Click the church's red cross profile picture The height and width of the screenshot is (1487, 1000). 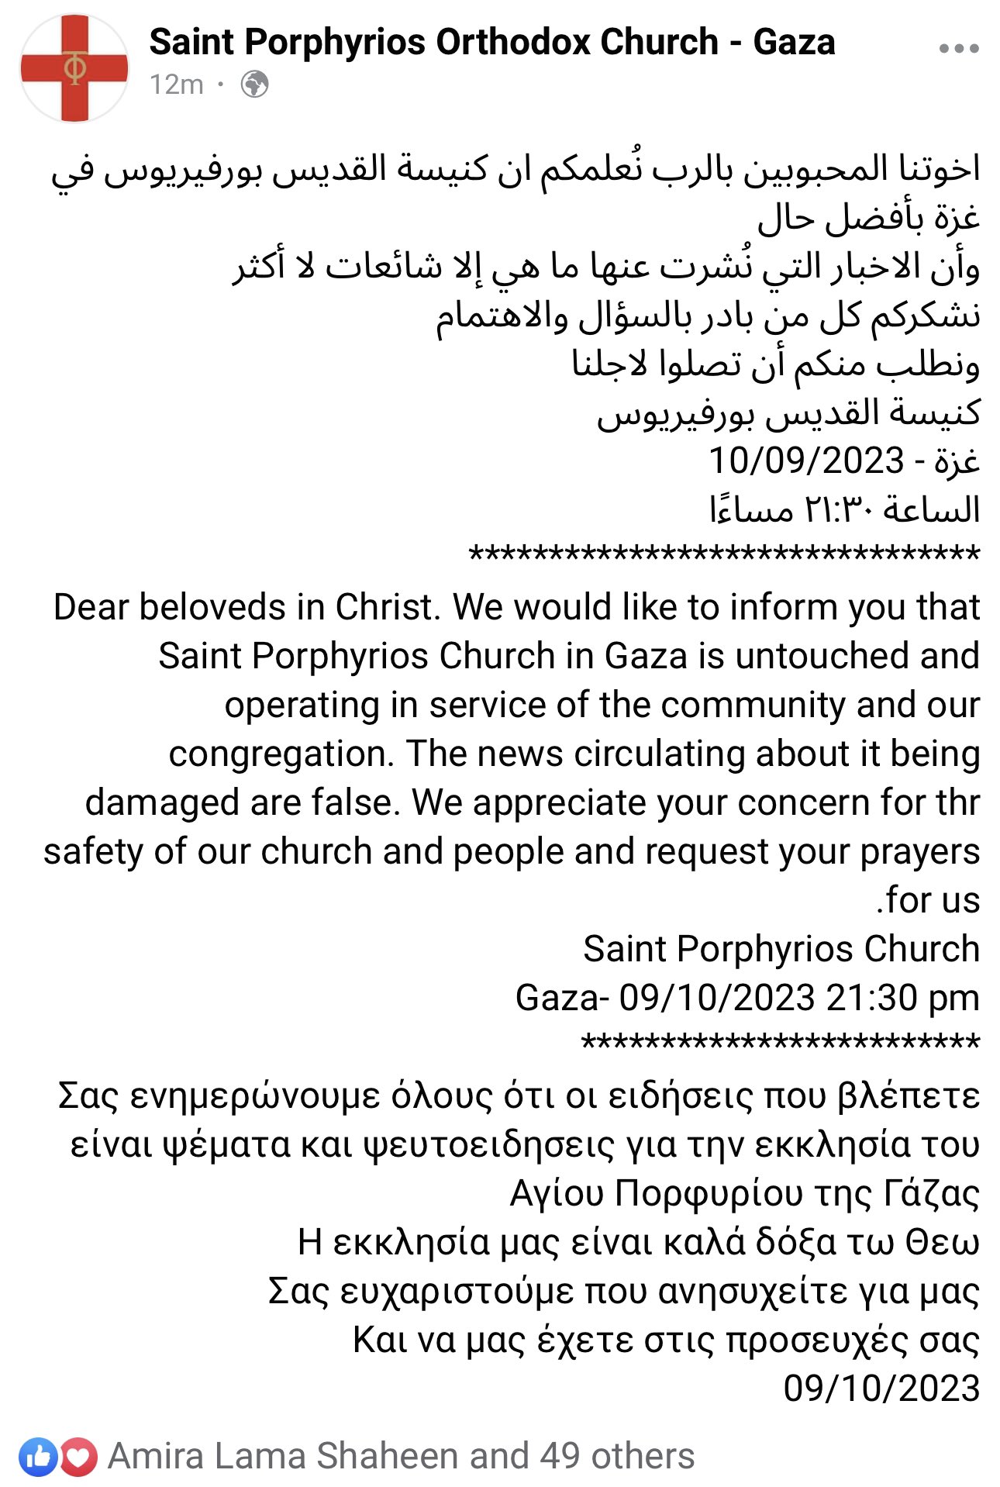pos(74,68)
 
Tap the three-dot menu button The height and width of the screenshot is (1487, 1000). pos(958,49)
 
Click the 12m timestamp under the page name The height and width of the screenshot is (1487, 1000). pos(177,85)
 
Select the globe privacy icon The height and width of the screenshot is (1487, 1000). pos(254,85)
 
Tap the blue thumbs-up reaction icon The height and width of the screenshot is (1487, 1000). pos(38,1457)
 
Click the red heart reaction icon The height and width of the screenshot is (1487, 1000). pos(78,1457)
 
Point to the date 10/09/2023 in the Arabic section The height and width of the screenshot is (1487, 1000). pos(806,461)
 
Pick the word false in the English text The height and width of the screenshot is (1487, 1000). pos(355,803)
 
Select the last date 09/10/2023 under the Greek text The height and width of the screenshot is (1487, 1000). pos(881,1389)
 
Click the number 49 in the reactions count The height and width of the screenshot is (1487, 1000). pos(560,1457)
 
